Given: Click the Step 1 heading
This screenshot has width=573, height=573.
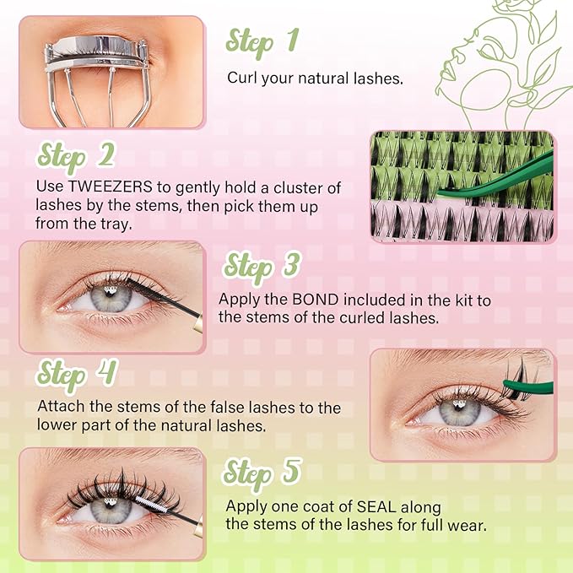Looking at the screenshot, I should pyautogui.click(x=262, y=41).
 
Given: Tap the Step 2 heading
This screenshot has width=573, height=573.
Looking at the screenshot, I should pyautogui.click(x=75, y=157).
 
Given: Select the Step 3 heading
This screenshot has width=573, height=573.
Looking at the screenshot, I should pyautogui.click(x=262, y=265).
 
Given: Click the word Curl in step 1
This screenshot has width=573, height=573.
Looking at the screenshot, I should pyautogui.click(x=241, y=78).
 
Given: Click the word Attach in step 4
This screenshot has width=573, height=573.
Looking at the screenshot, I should pyautogui.click(x=58, y=408).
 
